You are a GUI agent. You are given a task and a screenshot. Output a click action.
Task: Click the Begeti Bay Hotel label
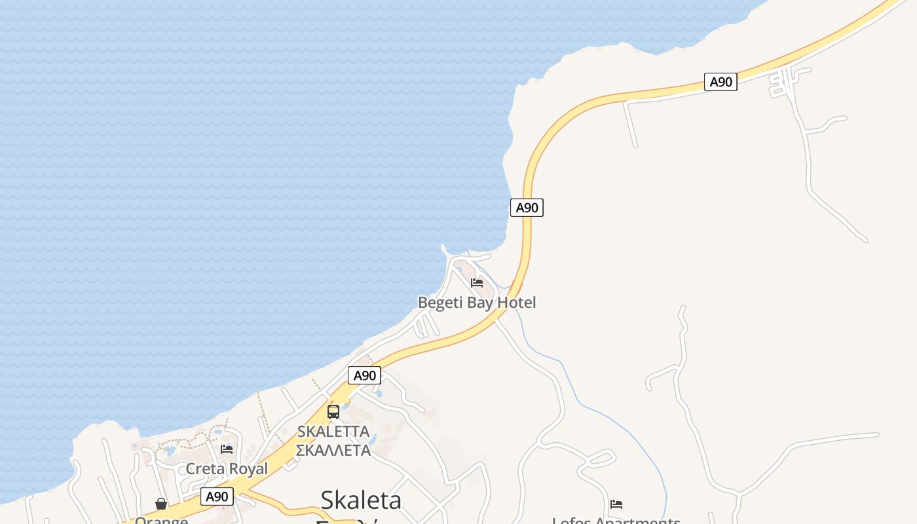pos(477,303)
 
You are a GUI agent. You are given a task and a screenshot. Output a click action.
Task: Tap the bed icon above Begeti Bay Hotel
pos(477,283)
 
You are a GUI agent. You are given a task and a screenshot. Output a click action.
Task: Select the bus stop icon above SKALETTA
pos(333,412)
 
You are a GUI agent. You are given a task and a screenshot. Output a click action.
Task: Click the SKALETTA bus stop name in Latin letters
pos(333,432)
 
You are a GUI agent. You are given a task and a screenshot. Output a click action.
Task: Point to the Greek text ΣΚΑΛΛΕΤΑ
pos(333,450)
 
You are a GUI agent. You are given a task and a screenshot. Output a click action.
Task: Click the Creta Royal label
pos(227,469)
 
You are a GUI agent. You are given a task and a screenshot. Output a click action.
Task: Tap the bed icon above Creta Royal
pos(227,449)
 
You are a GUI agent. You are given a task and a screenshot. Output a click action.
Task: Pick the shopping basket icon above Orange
pos(161,504)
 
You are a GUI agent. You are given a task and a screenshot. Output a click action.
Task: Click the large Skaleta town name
pos(361,500)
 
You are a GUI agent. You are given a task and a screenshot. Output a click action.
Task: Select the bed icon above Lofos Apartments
pos(616,504)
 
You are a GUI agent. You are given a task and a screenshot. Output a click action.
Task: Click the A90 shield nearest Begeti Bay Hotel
pos(527,208)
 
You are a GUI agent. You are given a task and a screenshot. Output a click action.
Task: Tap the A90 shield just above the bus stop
pos(364,375)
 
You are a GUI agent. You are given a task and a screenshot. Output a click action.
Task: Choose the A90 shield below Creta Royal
pos(217,496)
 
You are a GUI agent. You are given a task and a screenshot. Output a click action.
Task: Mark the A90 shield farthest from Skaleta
pos(720,82)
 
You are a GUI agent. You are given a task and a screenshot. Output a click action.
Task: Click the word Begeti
pos(440,303)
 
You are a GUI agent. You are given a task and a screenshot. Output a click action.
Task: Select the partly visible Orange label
pos(161,520)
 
